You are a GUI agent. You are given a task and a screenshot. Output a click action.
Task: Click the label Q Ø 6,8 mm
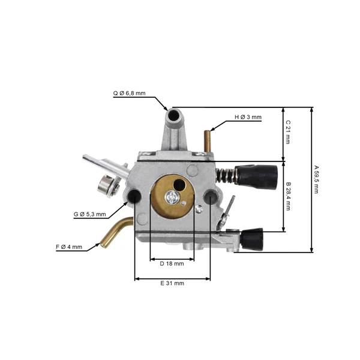129,93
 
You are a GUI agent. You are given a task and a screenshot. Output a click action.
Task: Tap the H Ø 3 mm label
248,117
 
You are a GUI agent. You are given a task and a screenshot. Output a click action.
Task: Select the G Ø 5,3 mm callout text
90,214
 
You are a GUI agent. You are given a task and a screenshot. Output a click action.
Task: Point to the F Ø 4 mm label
69,247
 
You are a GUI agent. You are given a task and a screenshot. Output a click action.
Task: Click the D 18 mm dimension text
172,264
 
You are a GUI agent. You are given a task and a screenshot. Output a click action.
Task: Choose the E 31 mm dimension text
172,283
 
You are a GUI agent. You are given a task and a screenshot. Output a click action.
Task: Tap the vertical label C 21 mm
288,132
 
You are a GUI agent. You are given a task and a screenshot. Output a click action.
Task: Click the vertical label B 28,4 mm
289,197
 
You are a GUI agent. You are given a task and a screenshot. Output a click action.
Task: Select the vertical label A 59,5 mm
316,179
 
